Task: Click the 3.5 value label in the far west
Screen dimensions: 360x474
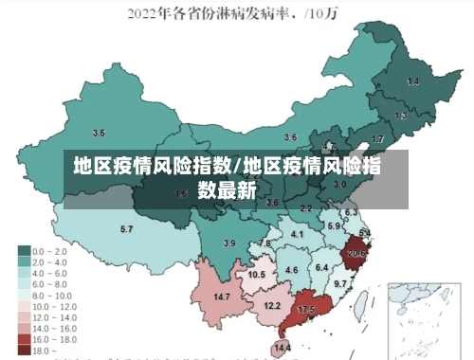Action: [x=99, y=133]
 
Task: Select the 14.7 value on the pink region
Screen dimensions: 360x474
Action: [x=222, y=297]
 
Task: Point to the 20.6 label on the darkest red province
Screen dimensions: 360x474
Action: [x=357, y=254]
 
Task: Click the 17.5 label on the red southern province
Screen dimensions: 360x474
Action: [x=306, y=310]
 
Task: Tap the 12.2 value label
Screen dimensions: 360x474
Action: [x=272, y=305]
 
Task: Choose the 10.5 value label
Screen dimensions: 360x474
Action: [x=256, y=275]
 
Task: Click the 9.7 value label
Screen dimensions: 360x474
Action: [x=340, y=284]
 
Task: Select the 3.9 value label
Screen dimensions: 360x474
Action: [x=228, y=243]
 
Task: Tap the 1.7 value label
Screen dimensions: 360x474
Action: [x=377, y=138]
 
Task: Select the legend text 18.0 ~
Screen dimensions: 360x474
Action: [x=44, y=350]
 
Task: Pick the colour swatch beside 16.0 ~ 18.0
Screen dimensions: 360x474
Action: [x=23, y=338]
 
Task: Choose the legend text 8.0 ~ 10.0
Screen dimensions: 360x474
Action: [x=52, y=295]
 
